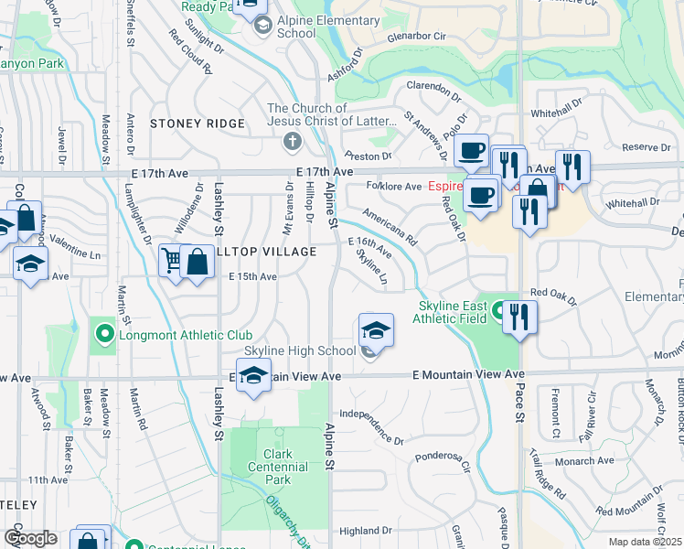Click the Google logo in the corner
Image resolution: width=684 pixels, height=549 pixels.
point(30,537)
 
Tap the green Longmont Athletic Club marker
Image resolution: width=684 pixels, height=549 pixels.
point(104,334)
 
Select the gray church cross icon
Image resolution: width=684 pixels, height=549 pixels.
point(293,142)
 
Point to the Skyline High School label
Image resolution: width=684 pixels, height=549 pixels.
point(300,351)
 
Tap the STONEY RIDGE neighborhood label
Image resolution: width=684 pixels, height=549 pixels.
point(198,124)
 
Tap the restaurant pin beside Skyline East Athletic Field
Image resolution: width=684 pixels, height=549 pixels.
point(519,318)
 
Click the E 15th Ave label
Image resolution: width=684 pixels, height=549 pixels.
point(252,276)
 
